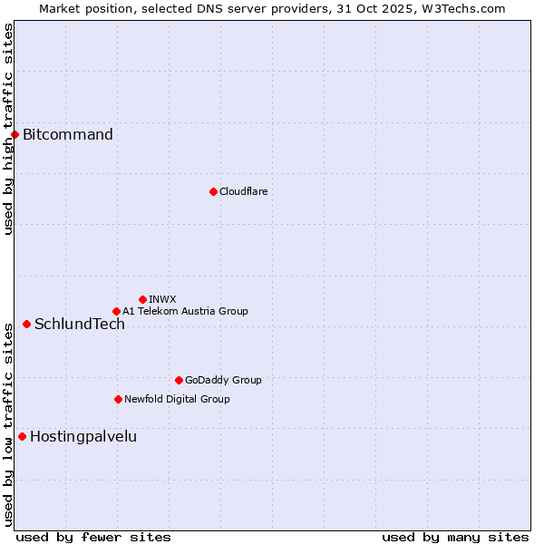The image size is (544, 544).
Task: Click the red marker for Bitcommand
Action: pyautogui.click(x=15, y=135)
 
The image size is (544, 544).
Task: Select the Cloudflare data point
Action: pyautogui.click(x=213, y=191)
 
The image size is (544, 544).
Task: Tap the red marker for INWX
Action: pyautogui.click(x=142, y=299)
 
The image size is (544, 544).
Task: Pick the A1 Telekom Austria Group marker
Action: pyautogui.click(x=116, y=311)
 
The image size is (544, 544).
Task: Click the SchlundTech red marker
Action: pyautogui.click(x=26, y=324)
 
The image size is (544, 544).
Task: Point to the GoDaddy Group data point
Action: pyautogui.click(x=179, y=380)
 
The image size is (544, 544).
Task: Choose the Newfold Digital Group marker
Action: pyautogui.click(x=118, y=399)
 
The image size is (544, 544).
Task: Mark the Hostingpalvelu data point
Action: pyautogui.click(x=22, y=436)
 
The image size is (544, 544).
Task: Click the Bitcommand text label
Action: pyautogui.click(x=68, y=135)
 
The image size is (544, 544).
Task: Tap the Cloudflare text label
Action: pyautogui.click(x=243, y=191)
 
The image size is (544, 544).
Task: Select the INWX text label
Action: pyautogui.click(x=162, y=299)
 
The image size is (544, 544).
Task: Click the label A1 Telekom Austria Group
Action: pyautogui.click(x=185, y=311)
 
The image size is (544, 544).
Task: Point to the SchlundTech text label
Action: pyautogui.click(x=80, y=324)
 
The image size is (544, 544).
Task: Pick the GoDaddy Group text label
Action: pyautogui.click(x=223, y=380)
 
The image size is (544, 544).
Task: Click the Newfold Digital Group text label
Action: pyautogui.click(x=177, y=399)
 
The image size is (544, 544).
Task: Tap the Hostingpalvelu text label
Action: pyautogui.click(x=83, y=436)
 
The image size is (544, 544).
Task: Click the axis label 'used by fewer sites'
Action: pyautogui.click(x=93, y=537)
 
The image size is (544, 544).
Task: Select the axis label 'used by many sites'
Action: pyautogui.click(x=455, y=537)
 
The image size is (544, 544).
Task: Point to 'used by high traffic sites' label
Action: pyautogui.click(x=8, y=129)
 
